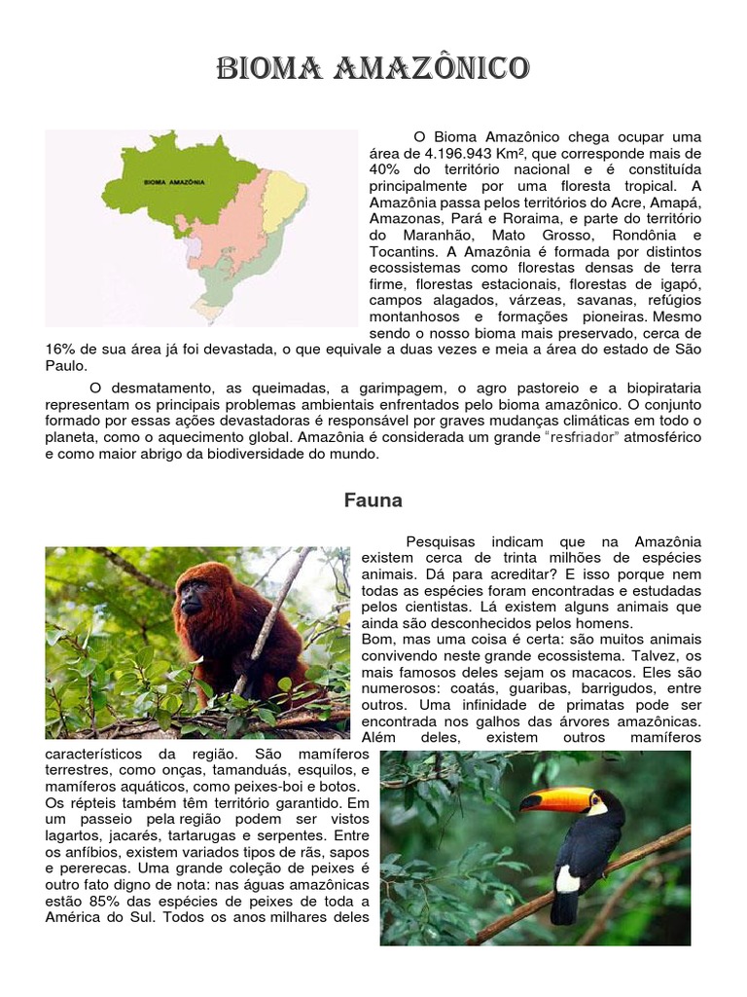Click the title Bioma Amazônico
(x=373, y=69)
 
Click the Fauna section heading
(x=373, y=500)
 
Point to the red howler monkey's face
(x=193, y=596)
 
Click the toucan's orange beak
(x=554, y=800)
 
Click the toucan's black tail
(x=563, y=909)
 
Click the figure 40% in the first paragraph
(x=385, y=169)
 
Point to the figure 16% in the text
(x=61, y=350)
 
